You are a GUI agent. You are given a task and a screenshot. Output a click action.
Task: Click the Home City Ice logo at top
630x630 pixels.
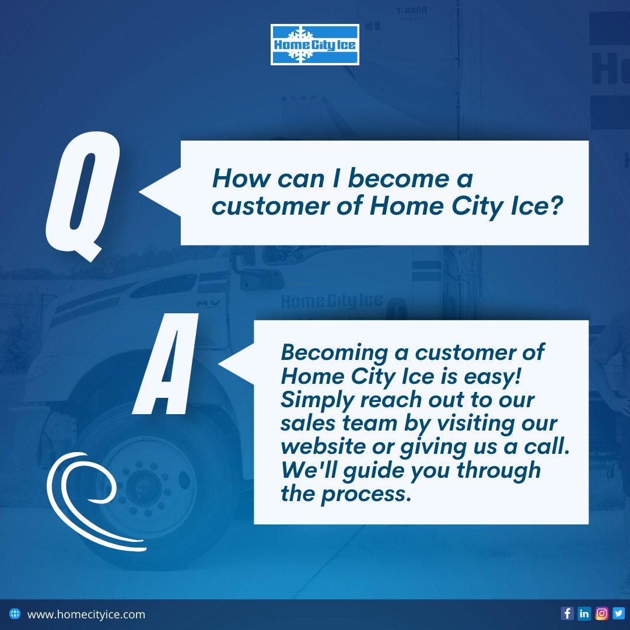[315, 44]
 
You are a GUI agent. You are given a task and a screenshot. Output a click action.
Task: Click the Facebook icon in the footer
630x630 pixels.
[567, 614]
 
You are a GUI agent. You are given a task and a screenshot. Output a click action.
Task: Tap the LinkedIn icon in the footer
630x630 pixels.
[584, 614]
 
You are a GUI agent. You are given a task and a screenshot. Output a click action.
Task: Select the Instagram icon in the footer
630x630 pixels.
[601, 614]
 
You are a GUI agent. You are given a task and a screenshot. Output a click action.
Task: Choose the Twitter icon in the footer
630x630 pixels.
[618, 614]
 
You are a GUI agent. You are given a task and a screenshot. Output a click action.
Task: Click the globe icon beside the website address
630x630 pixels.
[15, 614]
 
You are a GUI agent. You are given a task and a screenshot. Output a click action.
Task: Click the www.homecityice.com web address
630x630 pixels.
[86, 614]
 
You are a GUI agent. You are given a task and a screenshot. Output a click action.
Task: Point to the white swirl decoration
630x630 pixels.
[87, 502]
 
